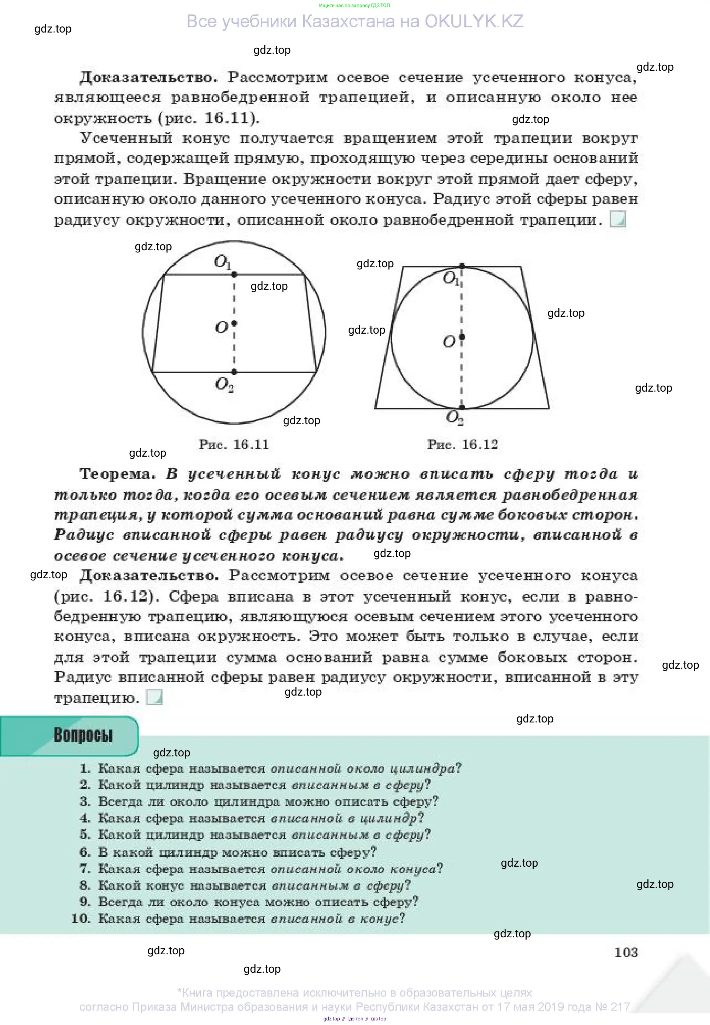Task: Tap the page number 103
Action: click(x=626, y=953)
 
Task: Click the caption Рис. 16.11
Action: click(x=234, y=444)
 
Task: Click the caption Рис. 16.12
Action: click(x=462, y=444)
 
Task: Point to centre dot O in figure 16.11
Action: click(x=234, y=323)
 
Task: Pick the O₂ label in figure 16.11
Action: click(x=224, y=384)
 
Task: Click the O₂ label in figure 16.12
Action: click(x=454, y=417)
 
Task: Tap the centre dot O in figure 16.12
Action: click(x=462, y=336)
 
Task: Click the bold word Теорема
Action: click(x=117, y=474)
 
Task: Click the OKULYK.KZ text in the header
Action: click(x=474, y=21)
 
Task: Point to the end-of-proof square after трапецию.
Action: click(x=154, y=697)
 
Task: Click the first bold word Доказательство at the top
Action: click(x=148, y=78)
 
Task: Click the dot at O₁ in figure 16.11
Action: click(x=234, y=275)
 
